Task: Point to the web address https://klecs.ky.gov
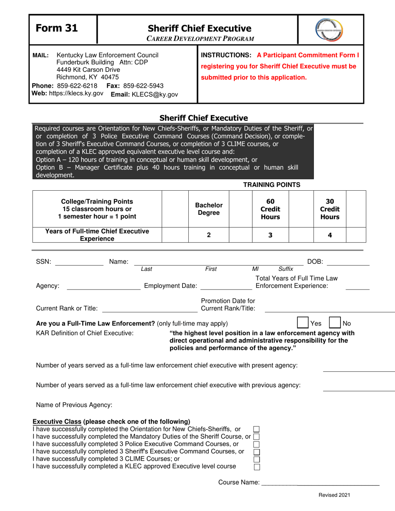(x=76, y=93)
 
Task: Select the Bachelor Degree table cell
(x=209, y=209)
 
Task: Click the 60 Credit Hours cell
(x=270, y=209)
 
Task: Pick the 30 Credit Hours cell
(x=330, y=209)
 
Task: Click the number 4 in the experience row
(x=330, y=235)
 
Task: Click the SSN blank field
(x=79, y=262)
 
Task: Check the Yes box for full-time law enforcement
(x=302, y=323)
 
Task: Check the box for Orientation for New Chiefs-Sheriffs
(x=257, y=429)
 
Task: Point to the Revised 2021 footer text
(x=334, y=495)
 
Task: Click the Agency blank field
(x=104, y=286)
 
